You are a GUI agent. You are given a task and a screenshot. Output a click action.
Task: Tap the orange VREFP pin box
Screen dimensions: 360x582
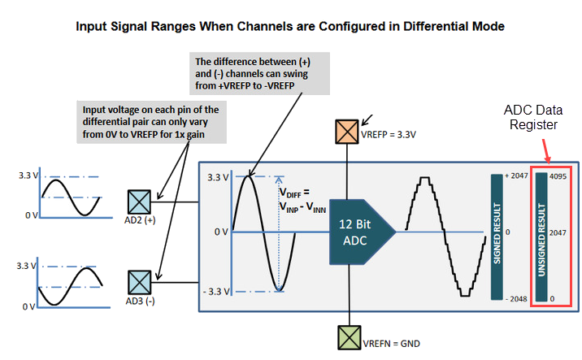point(347,131)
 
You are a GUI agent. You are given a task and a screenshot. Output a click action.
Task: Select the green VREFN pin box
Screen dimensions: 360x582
point(347,336)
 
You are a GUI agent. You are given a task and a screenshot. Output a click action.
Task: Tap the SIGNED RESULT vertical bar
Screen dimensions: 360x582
point(497,236)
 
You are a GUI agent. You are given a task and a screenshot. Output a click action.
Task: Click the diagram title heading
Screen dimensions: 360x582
point(290,26)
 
